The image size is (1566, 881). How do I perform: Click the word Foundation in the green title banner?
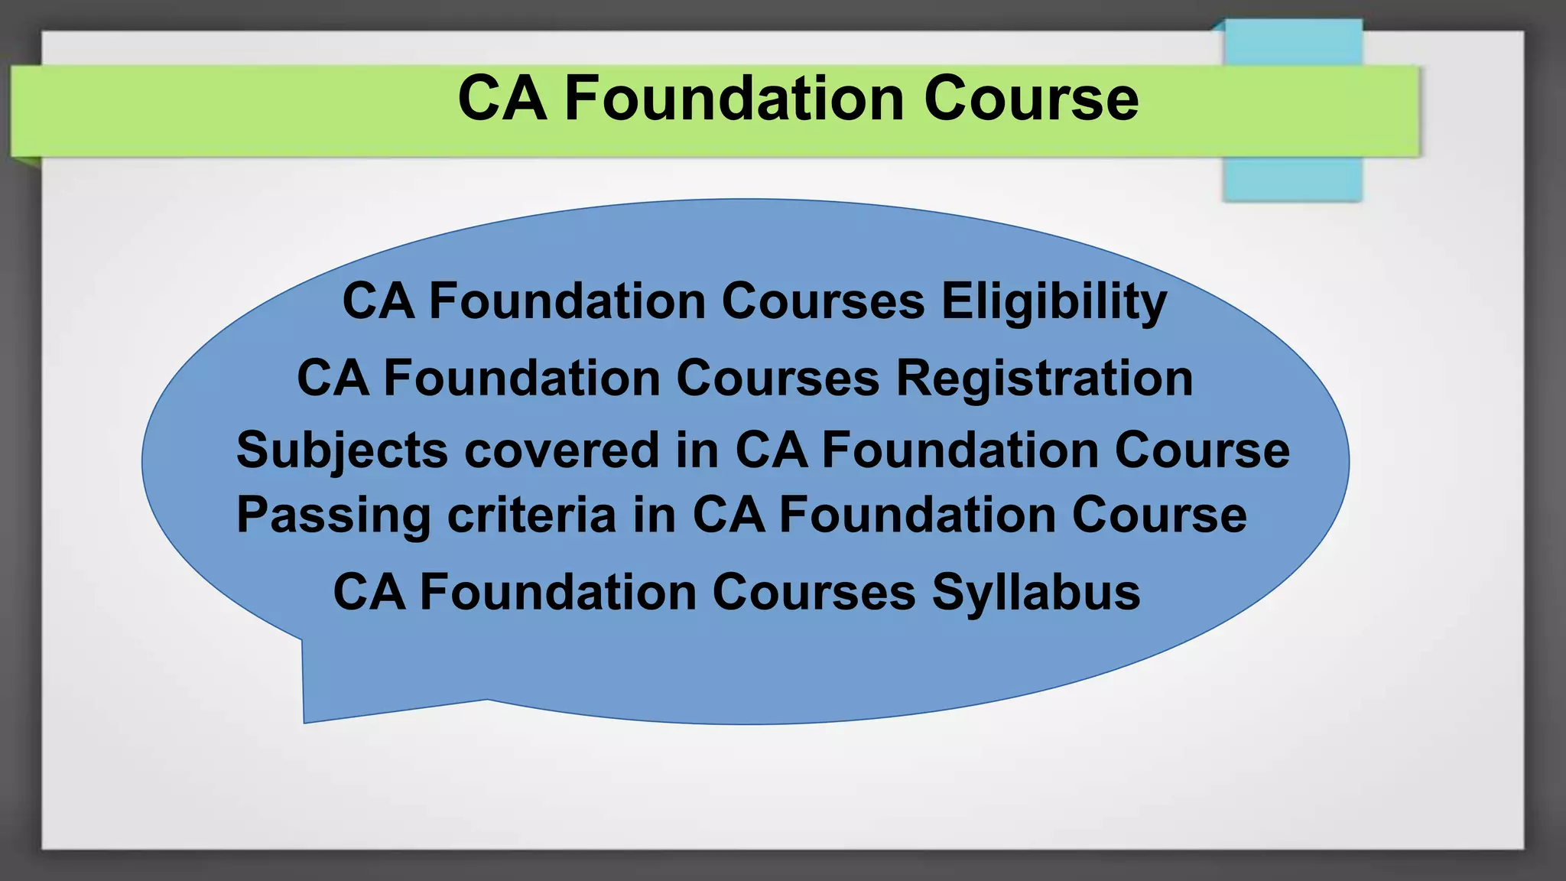coord(734,99)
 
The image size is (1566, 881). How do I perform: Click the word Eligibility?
coord(1054,301)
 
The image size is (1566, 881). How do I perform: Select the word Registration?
coord(1044,378)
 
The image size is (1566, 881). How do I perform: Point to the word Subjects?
coord(342,450)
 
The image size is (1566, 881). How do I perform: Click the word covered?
coord(561,450)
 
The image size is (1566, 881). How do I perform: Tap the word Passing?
coord(333,515)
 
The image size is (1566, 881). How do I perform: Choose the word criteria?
coord(531,515)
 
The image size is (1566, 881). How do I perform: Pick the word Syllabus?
coord(1035,593)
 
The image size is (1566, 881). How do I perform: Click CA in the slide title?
coord(502,99)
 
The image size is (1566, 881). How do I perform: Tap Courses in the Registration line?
coord(778,378)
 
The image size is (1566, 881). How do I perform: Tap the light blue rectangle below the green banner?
coord(1292,180)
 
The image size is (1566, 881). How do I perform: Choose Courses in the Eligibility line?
coord(823,301)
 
